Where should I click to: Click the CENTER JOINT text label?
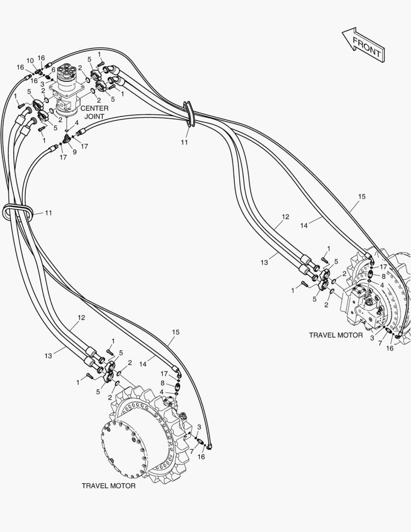pos(95,112)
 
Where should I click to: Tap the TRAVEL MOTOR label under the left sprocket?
pos(108,486)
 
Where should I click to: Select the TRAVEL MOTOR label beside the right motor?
pos(336,335)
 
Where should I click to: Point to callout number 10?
pos(30,61)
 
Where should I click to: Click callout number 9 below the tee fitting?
pos(75,152)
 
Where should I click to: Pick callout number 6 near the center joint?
pos(53,69)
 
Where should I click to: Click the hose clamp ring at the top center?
pos(189,114)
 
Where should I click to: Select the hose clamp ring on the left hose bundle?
pos(18,213)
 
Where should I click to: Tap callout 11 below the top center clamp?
pos(184,142)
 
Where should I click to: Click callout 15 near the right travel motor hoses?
pos(362,197)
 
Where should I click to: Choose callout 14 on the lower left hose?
pos(143,364)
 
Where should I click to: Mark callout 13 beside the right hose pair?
pos(264,262)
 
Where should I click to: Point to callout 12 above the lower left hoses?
pos(81,318)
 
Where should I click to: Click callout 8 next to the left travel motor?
pos(162,383)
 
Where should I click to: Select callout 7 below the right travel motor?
pos(380,344)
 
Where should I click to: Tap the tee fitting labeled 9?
pos(67,138)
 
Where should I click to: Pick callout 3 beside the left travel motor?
pos(199,427)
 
